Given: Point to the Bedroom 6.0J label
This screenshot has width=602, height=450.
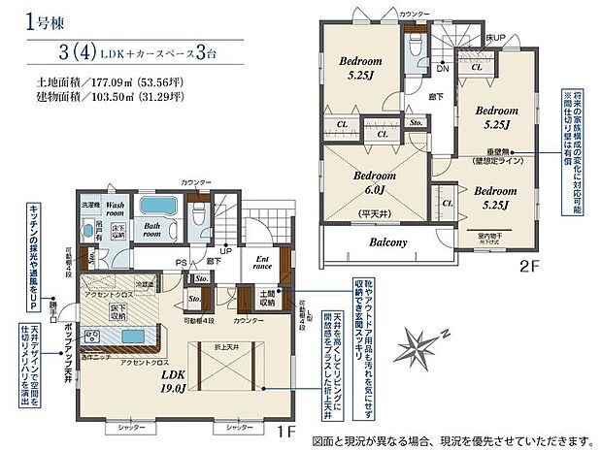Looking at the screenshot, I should [x=372, y=182].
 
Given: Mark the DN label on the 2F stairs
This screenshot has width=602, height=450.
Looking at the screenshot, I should [x=442, y=69].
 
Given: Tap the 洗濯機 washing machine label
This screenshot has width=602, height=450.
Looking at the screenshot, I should [x=88, y=206].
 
